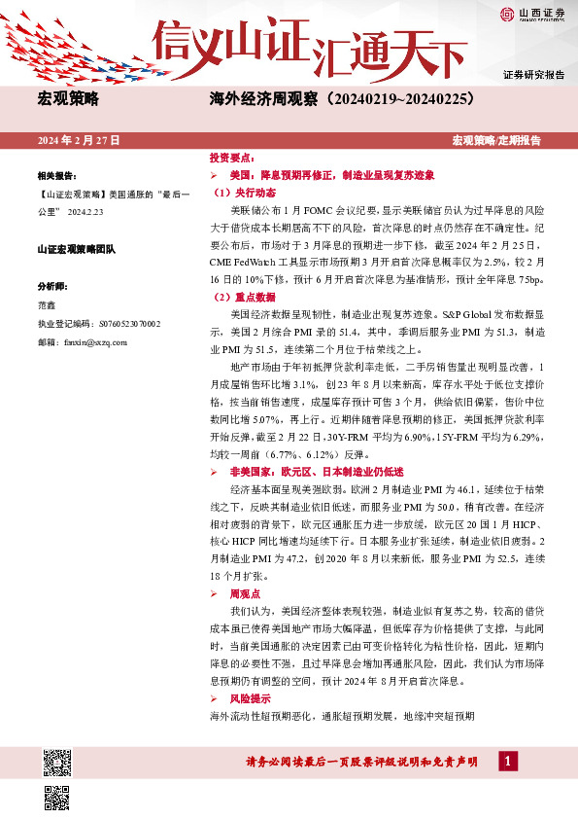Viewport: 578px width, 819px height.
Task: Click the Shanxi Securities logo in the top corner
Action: coord(532,14)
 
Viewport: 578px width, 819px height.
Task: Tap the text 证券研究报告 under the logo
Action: coord(534,75)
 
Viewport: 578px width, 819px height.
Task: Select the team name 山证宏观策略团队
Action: coord(77,250)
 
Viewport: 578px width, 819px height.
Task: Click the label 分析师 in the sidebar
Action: coord(52,287)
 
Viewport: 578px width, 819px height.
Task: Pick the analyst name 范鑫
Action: coord(46,305)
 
